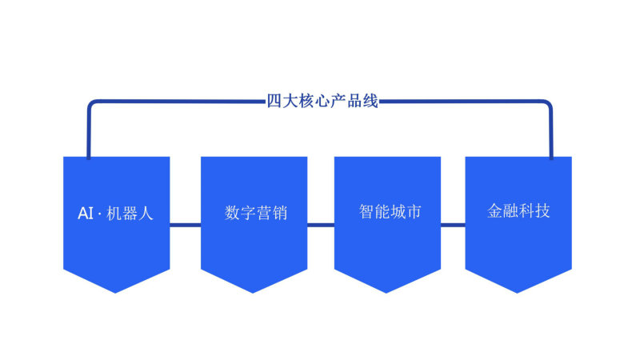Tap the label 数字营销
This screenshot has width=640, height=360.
tap(255, 214)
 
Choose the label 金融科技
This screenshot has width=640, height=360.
tap(518, 211)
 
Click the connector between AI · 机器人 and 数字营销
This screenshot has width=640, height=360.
tap(185, 225)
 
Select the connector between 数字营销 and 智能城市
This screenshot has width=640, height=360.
tap(320, 225)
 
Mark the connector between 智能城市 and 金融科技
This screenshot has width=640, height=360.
tap(453, 225)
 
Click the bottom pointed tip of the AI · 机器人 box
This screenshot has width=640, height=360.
tap(116, 290)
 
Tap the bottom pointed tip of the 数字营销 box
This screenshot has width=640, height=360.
tap(254, 290)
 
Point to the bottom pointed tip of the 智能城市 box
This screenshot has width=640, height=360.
tap(387, 290)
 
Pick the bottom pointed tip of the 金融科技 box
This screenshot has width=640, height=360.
tap(518, 290)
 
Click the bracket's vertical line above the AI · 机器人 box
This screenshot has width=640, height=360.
tap(89, 132)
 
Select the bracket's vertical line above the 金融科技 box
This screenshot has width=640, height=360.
tap(550, 132)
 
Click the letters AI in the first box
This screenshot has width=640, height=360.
tap(86, 214)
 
